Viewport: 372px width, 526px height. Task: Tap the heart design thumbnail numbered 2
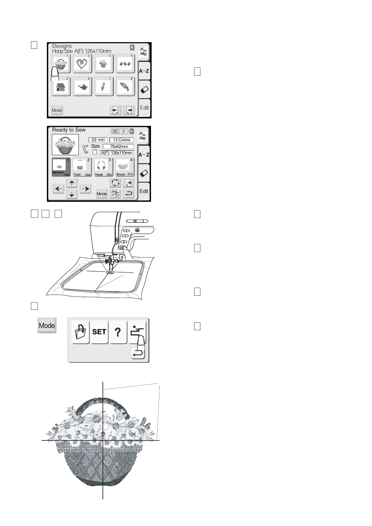click(83, 63)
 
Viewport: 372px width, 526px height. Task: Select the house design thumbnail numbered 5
click(61, 87)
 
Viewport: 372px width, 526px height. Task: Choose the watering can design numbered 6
click(83, 87)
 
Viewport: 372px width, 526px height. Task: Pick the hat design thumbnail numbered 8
click(125, 87)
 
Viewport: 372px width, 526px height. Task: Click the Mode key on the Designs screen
click(57, 110)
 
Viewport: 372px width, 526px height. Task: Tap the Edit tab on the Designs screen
click(144, 108)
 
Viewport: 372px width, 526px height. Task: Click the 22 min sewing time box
click(98, 140)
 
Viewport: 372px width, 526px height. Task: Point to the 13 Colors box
click(122, 140)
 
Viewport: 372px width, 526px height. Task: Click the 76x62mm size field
click(118, 146)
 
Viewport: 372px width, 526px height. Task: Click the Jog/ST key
click(115, 193)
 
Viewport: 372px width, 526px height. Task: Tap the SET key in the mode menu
click(99, 332)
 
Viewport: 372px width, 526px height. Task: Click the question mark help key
click(118, 332)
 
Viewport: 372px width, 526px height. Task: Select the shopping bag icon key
click(80, 332)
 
